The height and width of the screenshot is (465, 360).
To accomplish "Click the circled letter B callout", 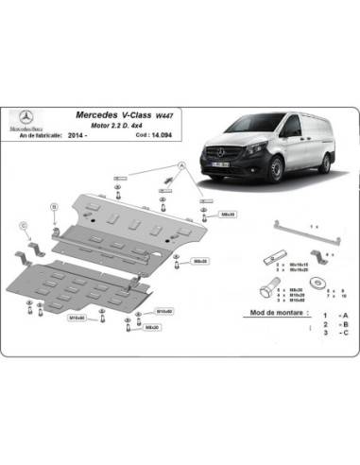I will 55,206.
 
